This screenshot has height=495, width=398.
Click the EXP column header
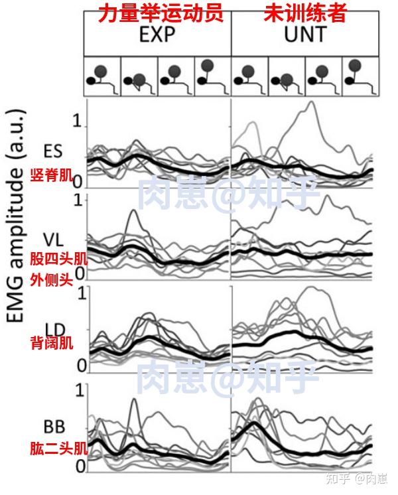(x=159, y=35)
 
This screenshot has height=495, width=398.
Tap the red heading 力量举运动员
(x=158, y=13)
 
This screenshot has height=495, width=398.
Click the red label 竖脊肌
(x=50, y=175)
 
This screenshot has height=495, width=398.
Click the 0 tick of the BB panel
(x=80, y=467)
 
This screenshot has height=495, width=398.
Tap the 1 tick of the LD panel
(x=82, y=292)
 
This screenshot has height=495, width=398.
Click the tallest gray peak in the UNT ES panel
(x=309, y=103)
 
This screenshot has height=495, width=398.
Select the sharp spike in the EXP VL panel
(x=135, y=211)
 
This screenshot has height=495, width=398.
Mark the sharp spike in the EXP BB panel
(x=134, y=399)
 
